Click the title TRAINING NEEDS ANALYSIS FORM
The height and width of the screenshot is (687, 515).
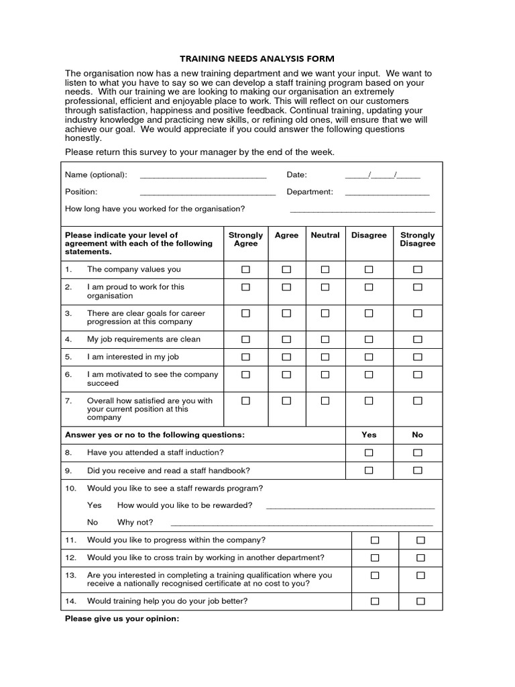pos(257,58)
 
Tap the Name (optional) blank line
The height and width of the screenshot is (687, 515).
pos(203,176)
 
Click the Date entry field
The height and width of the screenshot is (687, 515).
pos(382,176)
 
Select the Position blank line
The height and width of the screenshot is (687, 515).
pos(207,193)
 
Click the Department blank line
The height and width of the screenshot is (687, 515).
pos(387,193)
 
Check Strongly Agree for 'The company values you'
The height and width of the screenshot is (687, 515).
pos(245,270)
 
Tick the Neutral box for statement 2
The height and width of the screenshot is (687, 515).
pos(325,287)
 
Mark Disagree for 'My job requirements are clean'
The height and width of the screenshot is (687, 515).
pos(369,339)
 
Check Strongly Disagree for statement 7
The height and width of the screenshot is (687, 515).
pos(418,401)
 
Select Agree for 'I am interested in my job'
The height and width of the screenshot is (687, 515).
pos(286,357)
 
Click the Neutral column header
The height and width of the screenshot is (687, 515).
pos(325,235)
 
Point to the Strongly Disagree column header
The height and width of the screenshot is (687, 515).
pos(417,240)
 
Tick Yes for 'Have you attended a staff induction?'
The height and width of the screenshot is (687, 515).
pos(369,453)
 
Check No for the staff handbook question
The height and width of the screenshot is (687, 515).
pos(418,471)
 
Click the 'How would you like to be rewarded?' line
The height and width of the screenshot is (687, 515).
pos(350,507)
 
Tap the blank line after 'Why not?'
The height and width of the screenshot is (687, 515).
pos(302,524)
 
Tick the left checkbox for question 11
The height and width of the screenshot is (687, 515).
pos(375,540)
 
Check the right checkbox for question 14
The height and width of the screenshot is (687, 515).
pos(420,602)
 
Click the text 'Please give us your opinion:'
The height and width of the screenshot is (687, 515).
pos(122,619)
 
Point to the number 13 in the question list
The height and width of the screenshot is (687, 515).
pos(70,575)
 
